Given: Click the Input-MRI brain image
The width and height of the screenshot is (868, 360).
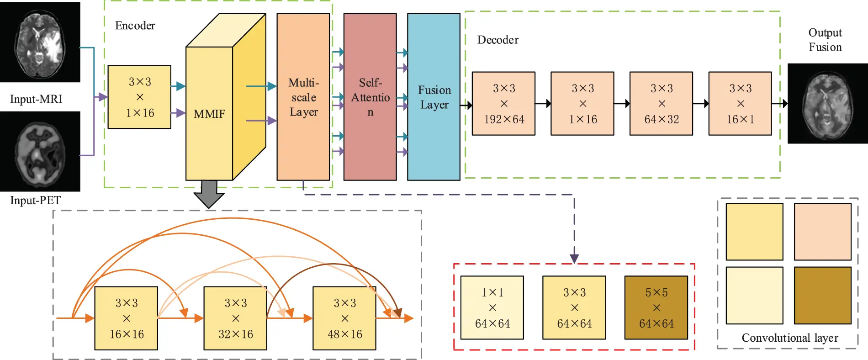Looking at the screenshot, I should pyautogui.click(x=40, y=42).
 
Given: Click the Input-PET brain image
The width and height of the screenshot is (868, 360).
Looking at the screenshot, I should pyautogui.click(x=40, y=152).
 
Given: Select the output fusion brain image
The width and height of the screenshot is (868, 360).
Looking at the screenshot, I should pyautogui.click(x=827, y=104).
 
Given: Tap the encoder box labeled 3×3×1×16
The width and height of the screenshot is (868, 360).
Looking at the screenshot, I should pyautogui.click(x=139, y=97).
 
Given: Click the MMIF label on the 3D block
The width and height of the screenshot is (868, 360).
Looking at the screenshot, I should pyautogui.click(x=209, y=114).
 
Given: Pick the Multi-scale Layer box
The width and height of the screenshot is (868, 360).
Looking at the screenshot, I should pyautogui.click(x=303, y=97).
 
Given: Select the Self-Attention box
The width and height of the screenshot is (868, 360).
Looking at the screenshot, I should pyautogui.click(x=370, y=97).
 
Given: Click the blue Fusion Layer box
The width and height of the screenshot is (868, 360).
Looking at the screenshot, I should pyautogui.click(x=434, y=97).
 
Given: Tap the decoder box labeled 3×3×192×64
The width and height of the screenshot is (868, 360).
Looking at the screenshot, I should pyautogui.click(x=503, y=104).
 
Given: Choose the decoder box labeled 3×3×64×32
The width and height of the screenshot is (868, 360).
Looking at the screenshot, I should pyautogui.click(x=661, y=104).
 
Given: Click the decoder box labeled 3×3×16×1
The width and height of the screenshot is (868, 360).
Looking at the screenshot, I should pyautogui.click(x=740, y=104).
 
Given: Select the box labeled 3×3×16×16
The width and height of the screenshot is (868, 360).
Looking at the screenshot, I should pyautogui.click(x=126, y=318).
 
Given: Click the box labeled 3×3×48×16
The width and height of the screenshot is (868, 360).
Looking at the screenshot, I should pyautogui.click(x=344, y=318).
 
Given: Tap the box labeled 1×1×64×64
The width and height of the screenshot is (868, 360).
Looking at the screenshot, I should pyautogui.click(x=492, y=308).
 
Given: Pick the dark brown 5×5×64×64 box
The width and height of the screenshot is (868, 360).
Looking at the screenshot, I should pyautogui.click(x=656, y=308).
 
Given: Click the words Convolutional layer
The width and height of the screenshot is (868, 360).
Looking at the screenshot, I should pyautogui.click(x=789, y=338).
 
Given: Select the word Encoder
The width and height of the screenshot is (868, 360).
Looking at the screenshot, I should pyautogui.click(x=135, y=26).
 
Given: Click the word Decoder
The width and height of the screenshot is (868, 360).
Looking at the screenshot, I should pyautogui.click(x=498, y=40).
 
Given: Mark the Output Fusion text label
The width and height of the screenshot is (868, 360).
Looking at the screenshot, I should pyautogui.click(x=825, y=40).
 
